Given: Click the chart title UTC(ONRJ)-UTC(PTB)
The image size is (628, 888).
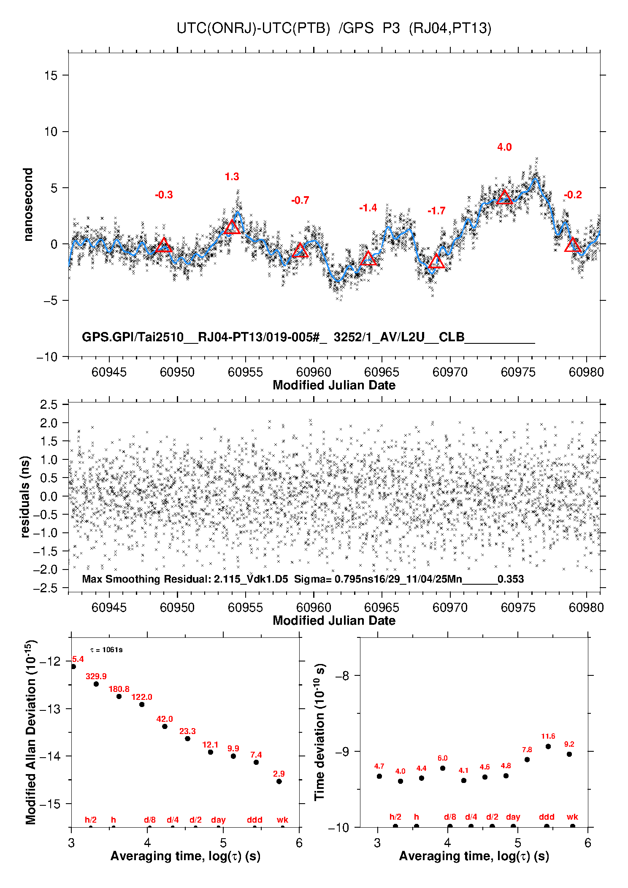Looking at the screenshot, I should click(253, 28).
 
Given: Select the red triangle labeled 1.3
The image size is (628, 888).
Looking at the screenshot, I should click(232, 227).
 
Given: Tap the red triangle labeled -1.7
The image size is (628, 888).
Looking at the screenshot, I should click(436, 262).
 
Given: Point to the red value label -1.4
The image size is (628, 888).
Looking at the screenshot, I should click(368, 208).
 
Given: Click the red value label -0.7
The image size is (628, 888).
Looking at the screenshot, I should click(300, 200).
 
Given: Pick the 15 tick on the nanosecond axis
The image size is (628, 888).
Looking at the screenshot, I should click(51, 76).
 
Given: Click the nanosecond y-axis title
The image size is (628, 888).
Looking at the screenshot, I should click(28, 205).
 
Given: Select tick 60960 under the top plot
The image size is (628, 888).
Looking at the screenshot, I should click(314, 372).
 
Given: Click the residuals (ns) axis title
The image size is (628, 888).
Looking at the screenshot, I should click(25, 497).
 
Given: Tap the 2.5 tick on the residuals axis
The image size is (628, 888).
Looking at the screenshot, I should click(49, 405).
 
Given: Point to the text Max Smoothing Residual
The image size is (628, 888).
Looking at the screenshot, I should click(146, 579).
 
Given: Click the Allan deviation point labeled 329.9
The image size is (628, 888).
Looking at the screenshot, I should click(96, 684).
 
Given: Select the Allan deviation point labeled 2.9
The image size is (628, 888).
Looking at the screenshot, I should click(279, 781).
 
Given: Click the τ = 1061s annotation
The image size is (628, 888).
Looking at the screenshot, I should click(106, 650).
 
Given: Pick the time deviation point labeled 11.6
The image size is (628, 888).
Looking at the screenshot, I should click(548, 746).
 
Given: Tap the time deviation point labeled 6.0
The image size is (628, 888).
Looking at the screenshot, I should click(443, 768).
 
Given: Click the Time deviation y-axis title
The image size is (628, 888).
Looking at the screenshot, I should click(320, 732).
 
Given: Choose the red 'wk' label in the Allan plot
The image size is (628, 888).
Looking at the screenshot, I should click(282, 820).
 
